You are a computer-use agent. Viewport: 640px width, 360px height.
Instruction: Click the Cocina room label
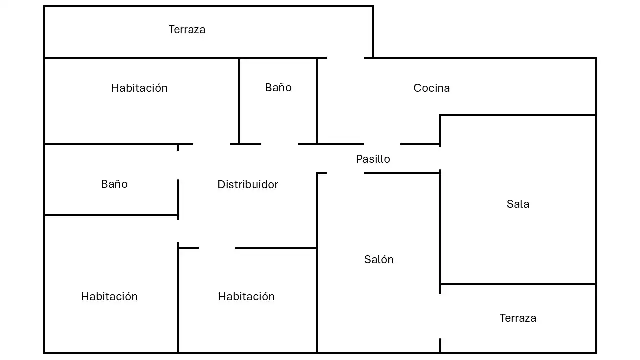click(431, 88)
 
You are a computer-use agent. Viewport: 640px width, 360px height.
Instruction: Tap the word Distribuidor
click(248, 185)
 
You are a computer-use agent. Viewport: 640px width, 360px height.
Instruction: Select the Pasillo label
click(373, 159)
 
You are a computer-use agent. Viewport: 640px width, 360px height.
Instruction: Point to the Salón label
click(379, 259)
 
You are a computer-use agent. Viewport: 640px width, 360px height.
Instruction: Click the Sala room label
click(518, 204)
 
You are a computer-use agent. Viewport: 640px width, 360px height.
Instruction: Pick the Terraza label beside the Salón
click(518, 318)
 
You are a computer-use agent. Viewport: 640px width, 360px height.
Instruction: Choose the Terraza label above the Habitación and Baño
click(187, 29)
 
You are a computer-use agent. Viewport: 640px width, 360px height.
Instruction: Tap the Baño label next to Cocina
click(278, 87)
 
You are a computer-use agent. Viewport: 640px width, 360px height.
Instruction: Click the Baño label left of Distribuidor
click(114, 184)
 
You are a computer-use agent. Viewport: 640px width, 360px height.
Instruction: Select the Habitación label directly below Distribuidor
click(246, 297)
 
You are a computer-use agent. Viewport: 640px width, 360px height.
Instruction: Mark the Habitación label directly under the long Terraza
click(139, 88)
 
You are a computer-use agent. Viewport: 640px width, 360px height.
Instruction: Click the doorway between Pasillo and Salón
click(345, 173)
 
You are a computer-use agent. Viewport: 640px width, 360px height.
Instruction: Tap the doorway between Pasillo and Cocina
click(382, 144)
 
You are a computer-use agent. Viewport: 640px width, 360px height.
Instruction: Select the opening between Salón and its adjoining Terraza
click(440, 316)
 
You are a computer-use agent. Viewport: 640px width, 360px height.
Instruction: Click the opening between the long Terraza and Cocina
click(345, 58)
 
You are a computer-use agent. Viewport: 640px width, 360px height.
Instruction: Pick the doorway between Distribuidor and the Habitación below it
click(217, 248)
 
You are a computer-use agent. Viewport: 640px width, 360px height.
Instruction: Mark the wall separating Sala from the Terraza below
click(518, 284)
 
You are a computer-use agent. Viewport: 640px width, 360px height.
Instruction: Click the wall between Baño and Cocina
click(317, 101)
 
